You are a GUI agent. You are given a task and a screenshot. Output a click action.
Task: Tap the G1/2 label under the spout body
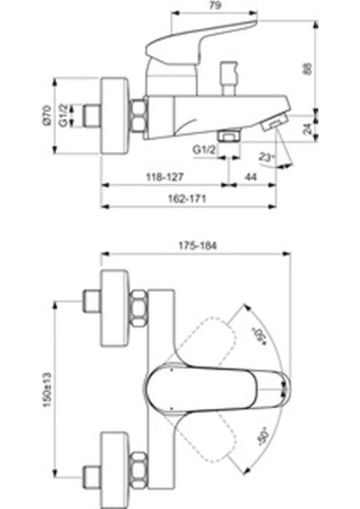pos(203,150)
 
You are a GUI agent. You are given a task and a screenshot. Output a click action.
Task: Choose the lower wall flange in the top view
pos(113,459)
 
